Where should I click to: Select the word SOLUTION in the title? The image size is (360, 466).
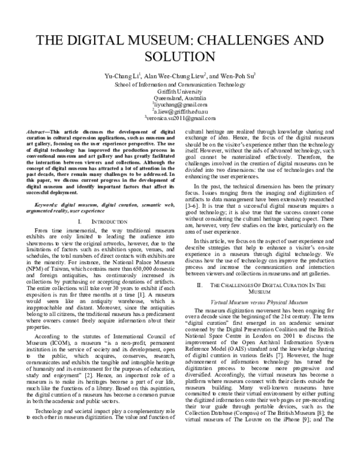(x=180, y=57)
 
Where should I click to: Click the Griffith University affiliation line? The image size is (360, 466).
(x=180, y=92)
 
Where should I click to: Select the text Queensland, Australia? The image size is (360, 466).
(x=180, y=99)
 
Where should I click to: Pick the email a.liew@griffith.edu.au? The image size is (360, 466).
(x=180, y=112)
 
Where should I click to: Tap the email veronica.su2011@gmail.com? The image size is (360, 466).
(x=180, y=119)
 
